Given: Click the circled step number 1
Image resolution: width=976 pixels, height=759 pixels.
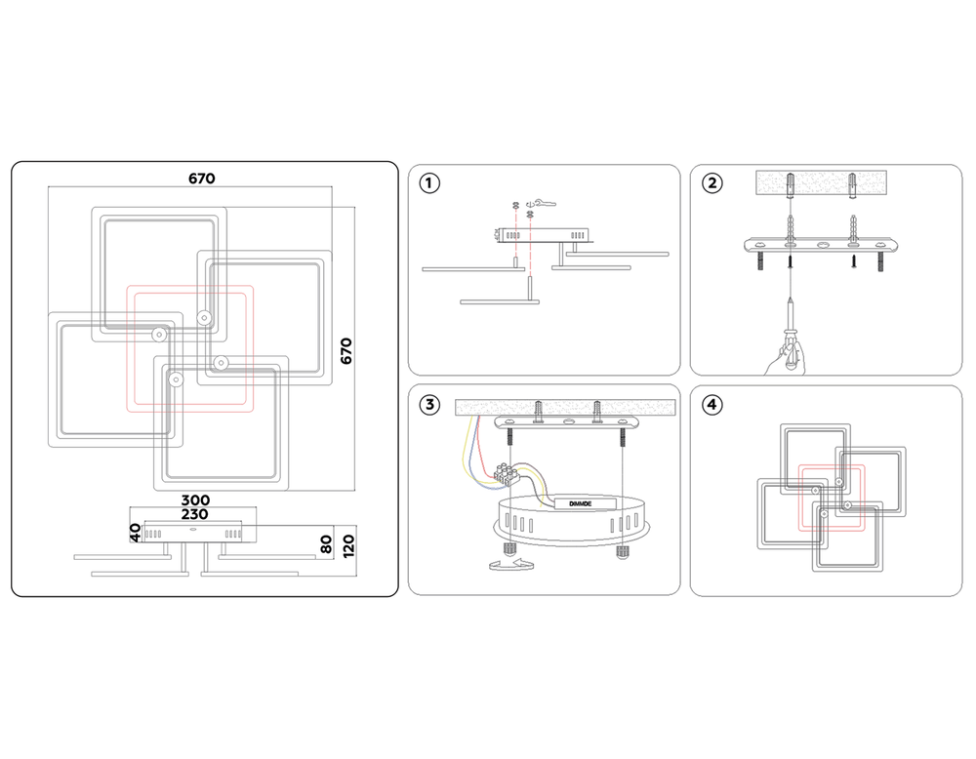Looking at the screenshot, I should click(x=430, y=182).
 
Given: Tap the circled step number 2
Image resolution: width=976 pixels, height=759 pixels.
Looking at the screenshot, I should click(x=712, y=182).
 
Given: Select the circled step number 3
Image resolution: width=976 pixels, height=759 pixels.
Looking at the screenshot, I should click(x=430, y=404).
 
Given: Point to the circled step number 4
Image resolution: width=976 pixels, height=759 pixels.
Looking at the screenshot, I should click(x=712, y=404).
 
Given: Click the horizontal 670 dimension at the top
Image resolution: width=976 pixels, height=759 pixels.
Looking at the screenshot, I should click(x=202, y=179).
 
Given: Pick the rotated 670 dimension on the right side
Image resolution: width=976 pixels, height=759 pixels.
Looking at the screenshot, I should click(x=346, y=350).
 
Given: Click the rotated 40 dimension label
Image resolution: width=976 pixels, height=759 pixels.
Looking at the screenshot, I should click(x=137, y=533).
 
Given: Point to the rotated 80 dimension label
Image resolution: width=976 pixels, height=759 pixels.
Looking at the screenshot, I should click(x=327, y=543).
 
